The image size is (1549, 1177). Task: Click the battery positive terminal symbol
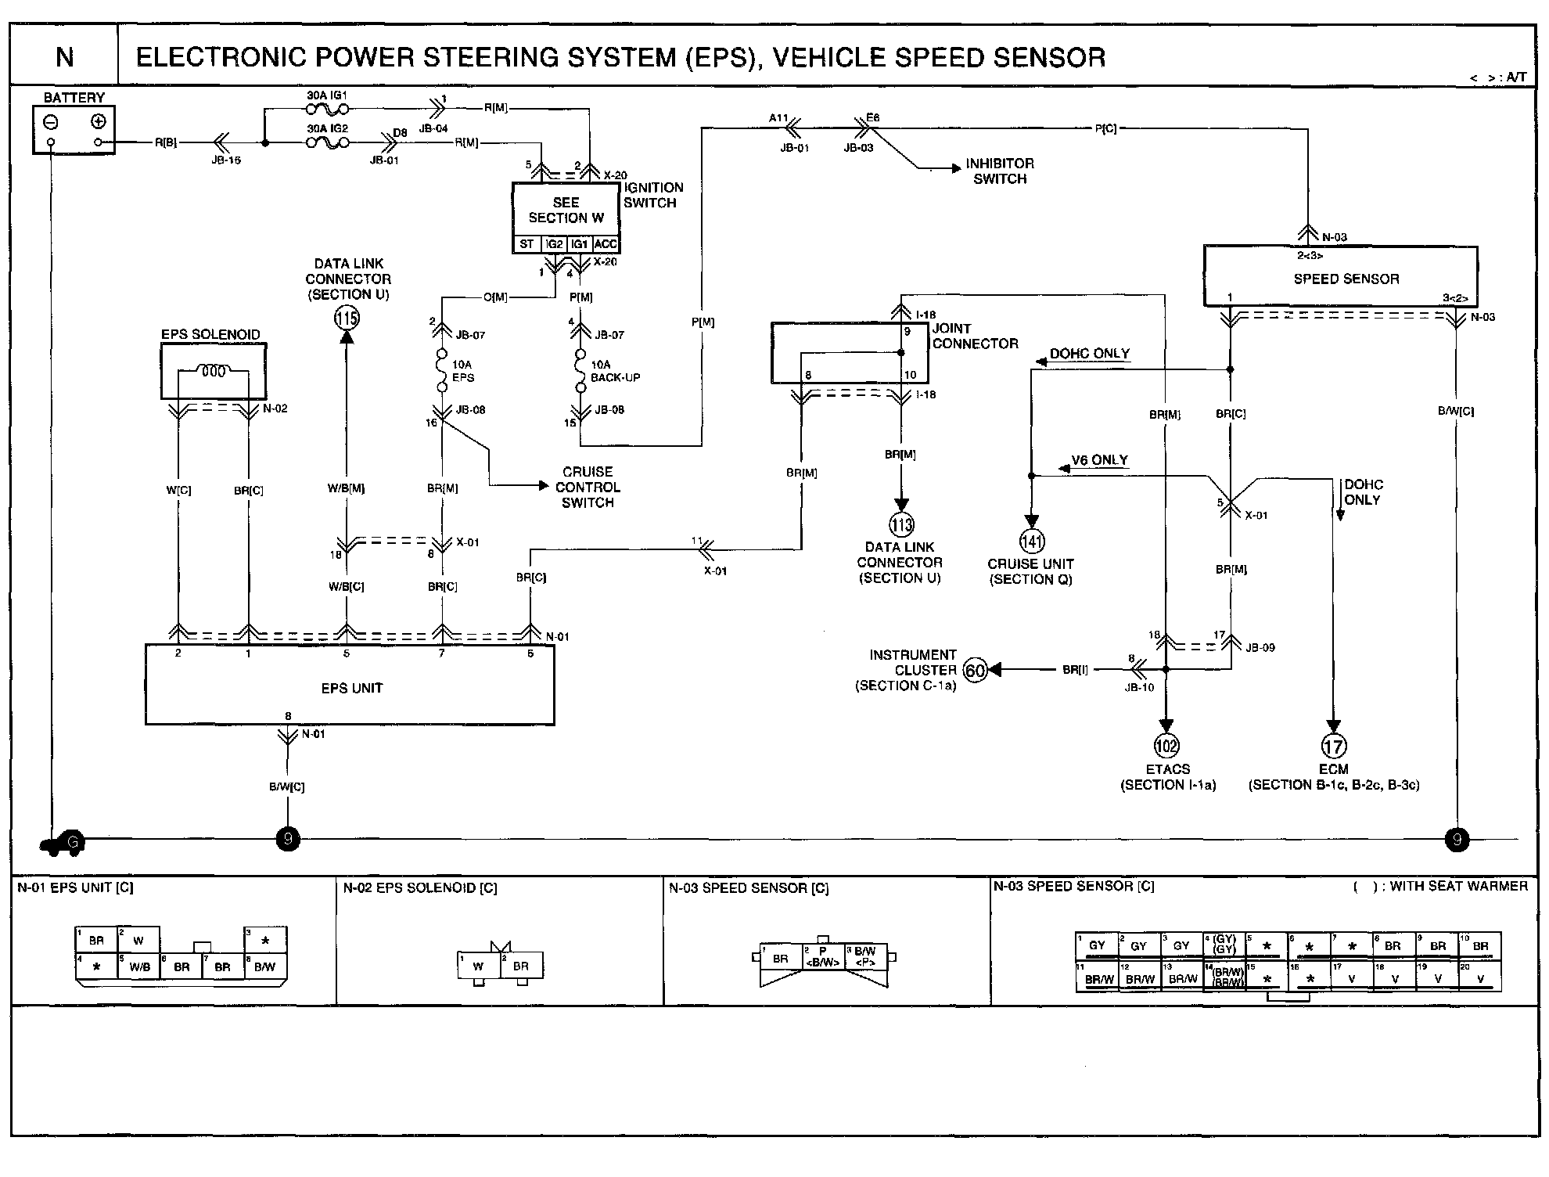98,121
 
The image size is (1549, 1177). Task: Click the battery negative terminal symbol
51,122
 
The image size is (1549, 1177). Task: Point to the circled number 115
347,317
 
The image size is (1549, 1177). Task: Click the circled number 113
901,524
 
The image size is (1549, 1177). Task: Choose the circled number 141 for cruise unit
1032,541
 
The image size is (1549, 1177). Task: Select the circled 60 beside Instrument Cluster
975,670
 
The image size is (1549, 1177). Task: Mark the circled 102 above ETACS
1166,746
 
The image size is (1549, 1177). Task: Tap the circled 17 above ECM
1334,746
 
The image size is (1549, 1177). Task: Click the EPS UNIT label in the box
351,688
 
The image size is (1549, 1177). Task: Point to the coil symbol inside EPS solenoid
214,372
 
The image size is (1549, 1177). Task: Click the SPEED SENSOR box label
1346,279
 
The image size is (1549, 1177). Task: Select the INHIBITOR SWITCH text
999,171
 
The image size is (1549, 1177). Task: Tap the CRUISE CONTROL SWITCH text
588,487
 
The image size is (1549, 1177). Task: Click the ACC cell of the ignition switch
606,244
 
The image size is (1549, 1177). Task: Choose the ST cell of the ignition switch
527,244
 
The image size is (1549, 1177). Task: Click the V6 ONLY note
1099,460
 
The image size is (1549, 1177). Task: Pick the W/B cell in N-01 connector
139,966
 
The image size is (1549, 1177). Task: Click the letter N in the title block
65,57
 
